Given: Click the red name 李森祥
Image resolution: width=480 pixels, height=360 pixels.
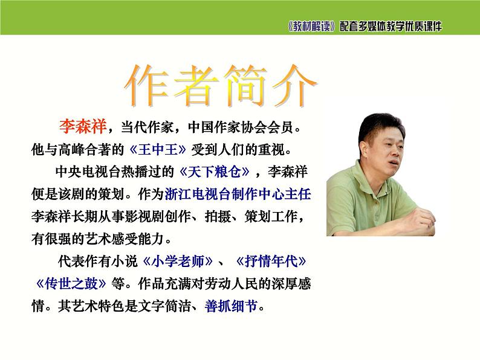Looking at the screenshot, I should click(x=82, y=126).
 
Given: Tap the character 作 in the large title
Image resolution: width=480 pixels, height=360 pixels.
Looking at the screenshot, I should click(x=148, y=85).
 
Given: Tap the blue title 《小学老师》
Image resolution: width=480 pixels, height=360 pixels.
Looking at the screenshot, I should click(x=178, y=262).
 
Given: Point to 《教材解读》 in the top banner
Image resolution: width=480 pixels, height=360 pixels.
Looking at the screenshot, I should click(x=311, y=27).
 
